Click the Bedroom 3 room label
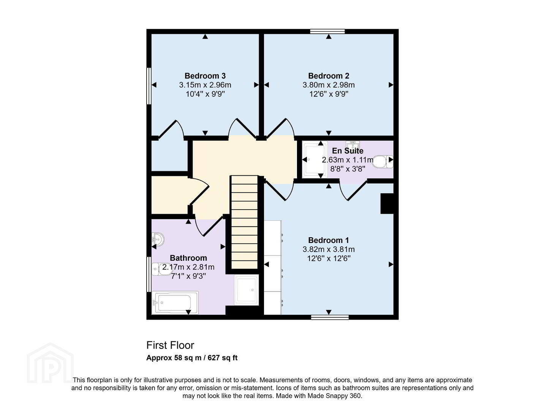pyautogui.click(x=205, y=76)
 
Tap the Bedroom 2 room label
pyautogui.click(x=329, y=76)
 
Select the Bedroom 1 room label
pyautogui.click(x=329, y=240)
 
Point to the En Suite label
pyautogui.click(x=348, y=151)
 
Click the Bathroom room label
pyautogui.click(x=188, y=258)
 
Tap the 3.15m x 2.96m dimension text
pyautogui.click(x=205, y=85)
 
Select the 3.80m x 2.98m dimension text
pyautogui.click(x=329, y=85)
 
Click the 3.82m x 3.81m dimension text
pyautogui.click(x=329, y=249)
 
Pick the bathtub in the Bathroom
pyautogui.click(x=175, y=303)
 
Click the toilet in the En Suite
pyautogui.click(x=382, y=162)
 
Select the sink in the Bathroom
pyautogui.click(x=157, y=240)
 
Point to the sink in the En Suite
pyautogui.click(x=352, y=144)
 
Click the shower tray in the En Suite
pyautogui.click(x=315, y=159)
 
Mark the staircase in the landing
pyautogui.click(x=244, y=222)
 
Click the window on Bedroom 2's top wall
pyautogui.click(x=327, y=31)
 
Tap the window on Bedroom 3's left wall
pyautogui.click(x=149, y=86)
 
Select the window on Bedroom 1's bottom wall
pyautogui.click(x=330, y=317)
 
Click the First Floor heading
pyautogui.click(x=170, y=345)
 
